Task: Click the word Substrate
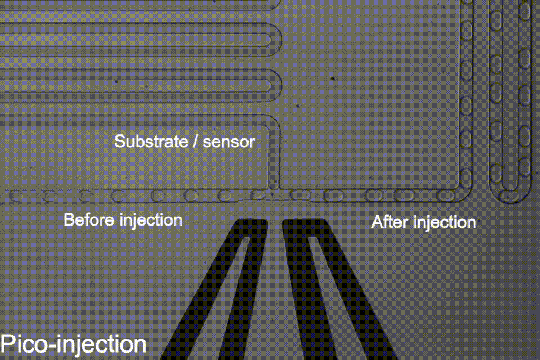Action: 148,141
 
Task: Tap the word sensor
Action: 228,142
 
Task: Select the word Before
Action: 89,219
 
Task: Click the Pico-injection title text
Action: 73,344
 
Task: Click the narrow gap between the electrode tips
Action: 274,225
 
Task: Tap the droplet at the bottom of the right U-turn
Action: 511,196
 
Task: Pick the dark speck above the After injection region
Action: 332,78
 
